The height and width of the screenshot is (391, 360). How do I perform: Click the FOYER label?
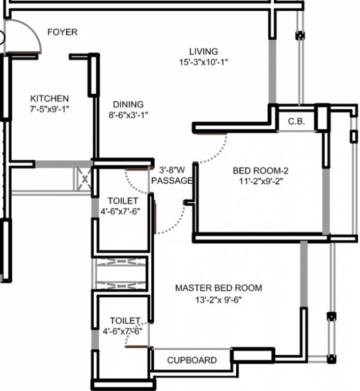click(x=62, y=32)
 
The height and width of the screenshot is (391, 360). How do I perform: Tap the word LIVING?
click(x=203, y=51)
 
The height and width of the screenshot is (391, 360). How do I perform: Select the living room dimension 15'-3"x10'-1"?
click(x=203, y=63)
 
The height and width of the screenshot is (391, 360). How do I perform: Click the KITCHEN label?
click(x=49, y=98)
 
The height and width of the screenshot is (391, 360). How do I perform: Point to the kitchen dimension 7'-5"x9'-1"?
click(x=49, y=108)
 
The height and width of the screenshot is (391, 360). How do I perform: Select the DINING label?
click(x=128, y=104)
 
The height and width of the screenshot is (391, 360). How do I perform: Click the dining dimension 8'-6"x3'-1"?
click(x=128, y=115)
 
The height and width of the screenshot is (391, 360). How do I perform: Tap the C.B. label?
click(x=296, y=122)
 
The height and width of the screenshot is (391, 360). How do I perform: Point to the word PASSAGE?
click(x=172, y=180)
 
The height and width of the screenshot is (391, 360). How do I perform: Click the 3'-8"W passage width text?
click(x=172, y=170)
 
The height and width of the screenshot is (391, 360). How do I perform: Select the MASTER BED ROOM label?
click(x=218, y=288)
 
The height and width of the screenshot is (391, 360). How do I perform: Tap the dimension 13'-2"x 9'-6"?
click(x=218, y=299)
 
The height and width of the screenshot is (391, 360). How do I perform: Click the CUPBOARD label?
click(x=191, y=360)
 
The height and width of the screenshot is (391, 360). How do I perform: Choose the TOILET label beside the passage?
click(x=123, y=201)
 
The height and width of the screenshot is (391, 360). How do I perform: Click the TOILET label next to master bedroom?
click(x=125, y=320)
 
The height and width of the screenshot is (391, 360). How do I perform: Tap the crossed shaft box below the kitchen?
click(x=82, y=179)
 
